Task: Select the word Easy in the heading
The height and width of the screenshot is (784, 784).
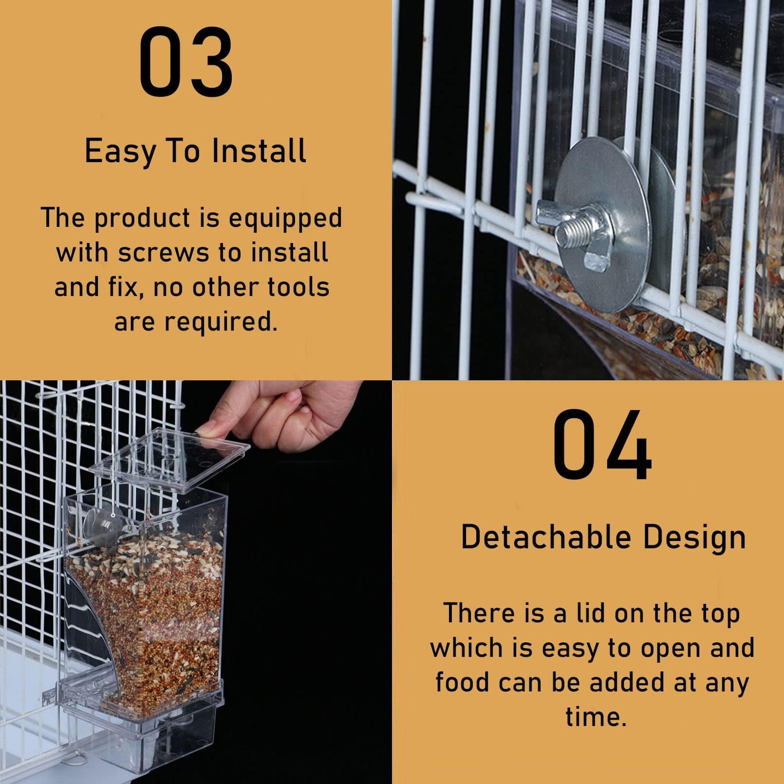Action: (120, 152)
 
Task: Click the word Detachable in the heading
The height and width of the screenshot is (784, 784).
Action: (546, 537)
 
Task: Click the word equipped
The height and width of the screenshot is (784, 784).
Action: (285, 219)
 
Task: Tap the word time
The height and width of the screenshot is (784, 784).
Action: (596, 716)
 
